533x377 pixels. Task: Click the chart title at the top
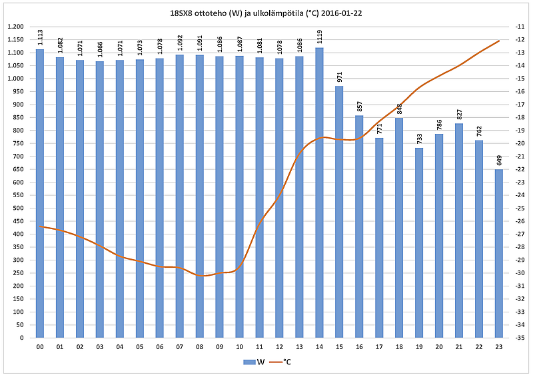coord(266,13)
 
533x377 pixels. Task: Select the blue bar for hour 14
coord(319,193)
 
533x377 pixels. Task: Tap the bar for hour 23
coord(499,253)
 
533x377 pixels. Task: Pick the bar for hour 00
coord(40,193)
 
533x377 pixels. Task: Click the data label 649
coord(500,160)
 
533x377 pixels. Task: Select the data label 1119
coord(320,37)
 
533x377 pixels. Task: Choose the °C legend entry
coord(282,362)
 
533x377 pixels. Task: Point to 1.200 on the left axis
coord(15,27)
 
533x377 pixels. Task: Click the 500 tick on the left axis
coord(17,208)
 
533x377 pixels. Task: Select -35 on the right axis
coord(518,338)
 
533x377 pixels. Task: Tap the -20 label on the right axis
coord(518,143)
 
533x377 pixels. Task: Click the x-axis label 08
coord(199,347)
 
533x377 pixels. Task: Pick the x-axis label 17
coord(379,347)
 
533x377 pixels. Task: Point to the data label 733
coord(420,138)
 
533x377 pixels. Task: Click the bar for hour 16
coord(359,226)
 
